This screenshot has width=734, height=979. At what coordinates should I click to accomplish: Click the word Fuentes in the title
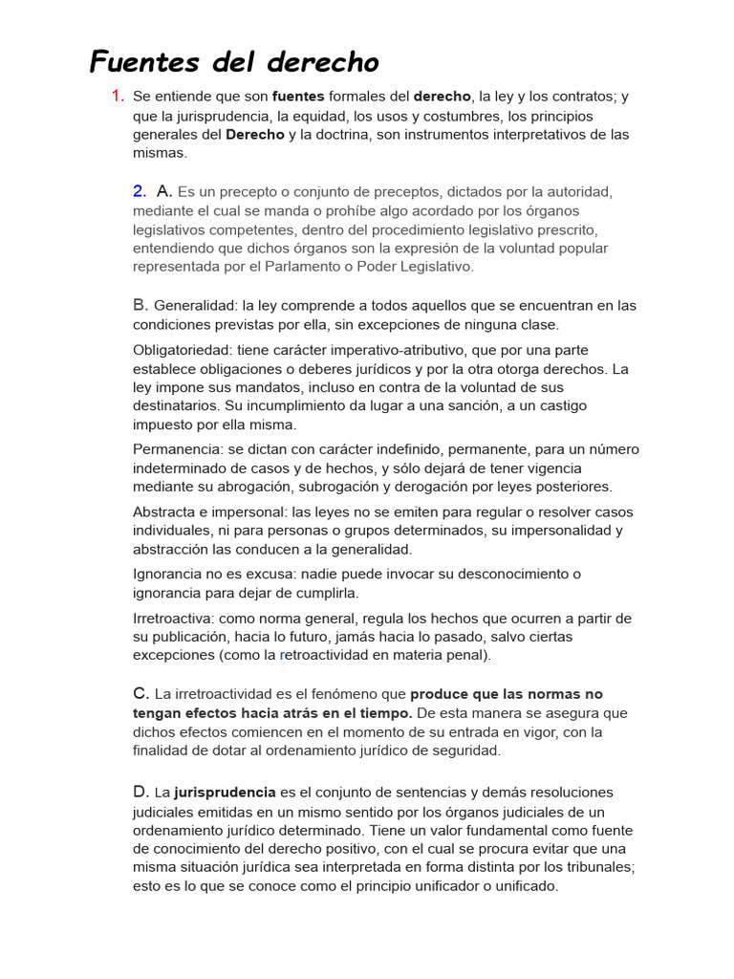click(x=145, y=62)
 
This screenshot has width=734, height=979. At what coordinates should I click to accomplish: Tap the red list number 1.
click(x=118, y=96)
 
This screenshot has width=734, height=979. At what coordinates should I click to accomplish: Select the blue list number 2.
click(x=140, y=191)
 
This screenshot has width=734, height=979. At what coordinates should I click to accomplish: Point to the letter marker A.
click(x=163, y=191)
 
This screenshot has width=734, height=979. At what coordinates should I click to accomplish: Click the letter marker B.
click(x=140, y=306)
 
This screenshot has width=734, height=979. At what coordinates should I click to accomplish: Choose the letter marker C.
click(x=140, y=694)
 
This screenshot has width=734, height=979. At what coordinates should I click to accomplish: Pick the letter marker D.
click(x=140, y=793)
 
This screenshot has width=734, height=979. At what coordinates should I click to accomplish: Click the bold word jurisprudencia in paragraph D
click(x=225, y=793)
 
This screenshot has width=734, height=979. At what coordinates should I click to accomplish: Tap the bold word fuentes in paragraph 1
click(x=298, y=97)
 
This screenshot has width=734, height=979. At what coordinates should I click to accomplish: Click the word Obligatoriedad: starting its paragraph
click(x=183, y=350)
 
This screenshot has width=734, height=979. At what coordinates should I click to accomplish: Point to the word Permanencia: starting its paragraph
click(x=176, y=449)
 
